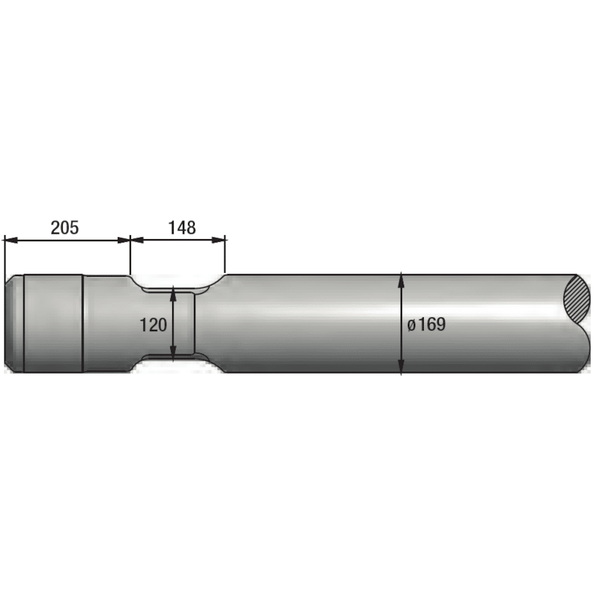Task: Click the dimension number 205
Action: (65, 228)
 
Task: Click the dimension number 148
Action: (181, 228)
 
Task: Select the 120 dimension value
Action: (153, 325)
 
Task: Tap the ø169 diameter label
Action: (426, 324)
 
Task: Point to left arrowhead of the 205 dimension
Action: (11, 240)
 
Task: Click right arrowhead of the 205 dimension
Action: (124, 240)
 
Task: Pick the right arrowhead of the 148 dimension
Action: (219, 240)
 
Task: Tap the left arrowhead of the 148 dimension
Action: (137, 240)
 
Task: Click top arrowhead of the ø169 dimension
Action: (401, 281)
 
